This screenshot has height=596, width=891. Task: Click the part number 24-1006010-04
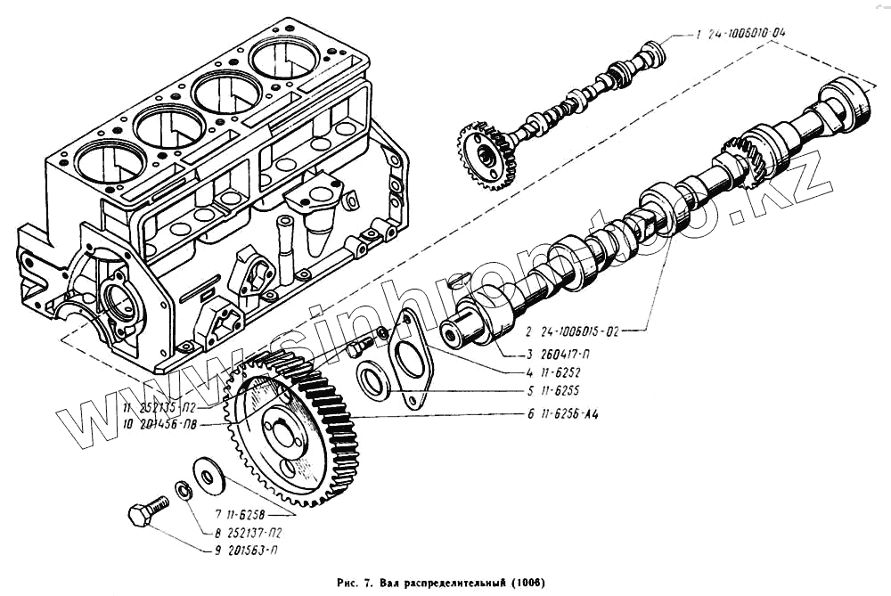tap(748, 37)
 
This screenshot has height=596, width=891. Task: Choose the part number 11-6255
tap(561, 391)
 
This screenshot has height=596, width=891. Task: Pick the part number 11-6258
tap(238, 514)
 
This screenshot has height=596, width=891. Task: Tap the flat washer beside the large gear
tap(208, 475)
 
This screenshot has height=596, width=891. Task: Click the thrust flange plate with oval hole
tap(411, 357)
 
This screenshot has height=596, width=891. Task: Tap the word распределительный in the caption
tap(445, 583)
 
